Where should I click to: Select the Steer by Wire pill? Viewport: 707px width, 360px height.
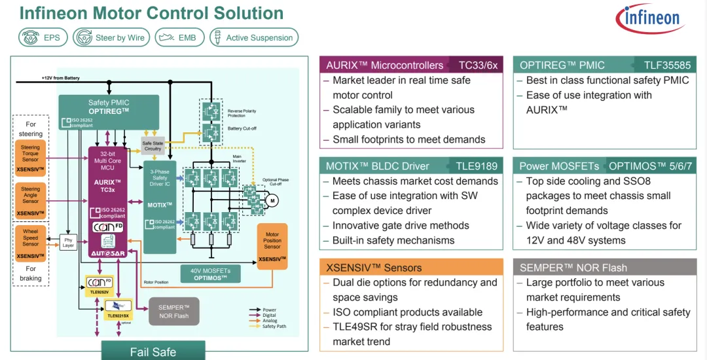click(x=111, y=37)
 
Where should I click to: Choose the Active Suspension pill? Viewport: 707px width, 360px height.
click(x=254, y=37)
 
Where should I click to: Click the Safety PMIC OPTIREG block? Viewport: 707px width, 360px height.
click(x=109, y=112)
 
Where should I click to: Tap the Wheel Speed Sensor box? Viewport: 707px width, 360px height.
click(x=30, y=242)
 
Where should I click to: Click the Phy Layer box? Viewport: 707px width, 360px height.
click(x=68, y=242)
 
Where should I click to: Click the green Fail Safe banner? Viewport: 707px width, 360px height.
click(x=153, y=351)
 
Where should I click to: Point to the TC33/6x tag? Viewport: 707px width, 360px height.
click(x=478, y=65)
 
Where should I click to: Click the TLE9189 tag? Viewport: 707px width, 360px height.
click(x=477, y=166)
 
